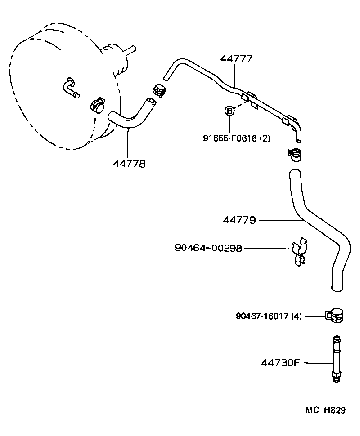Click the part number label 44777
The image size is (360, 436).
tap(236, 58)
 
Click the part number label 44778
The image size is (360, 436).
tap(129, 164)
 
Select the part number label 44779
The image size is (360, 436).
tap(239, 220)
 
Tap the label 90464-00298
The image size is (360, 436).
tap(208, 248)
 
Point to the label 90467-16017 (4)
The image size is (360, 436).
tap(268, 316)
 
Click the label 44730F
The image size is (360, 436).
tap(280, 362)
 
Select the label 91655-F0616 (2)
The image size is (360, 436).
tap(236, 138)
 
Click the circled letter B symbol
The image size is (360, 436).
tap(229, 111)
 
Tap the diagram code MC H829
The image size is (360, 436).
tap(325, 410)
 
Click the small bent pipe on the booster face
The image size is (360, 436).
tap(71, 88)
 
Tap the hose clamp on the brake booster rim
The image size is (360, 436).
tap(96, 105)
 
